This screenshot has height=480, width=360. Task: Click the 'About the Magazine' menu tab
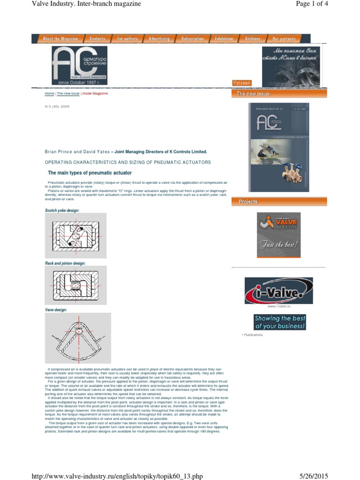click(x=60, y=39)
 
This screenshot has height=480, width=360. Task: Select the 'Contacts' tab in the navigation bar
click(x=97, y=39)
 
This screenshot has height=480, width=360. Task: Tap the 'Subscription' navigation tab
click(x=193, y=39)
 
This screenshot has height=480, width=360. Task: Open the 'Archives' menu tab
click(x=252, y=39)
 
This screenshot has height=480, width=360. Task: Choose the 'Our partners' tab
click(x=284, y=39)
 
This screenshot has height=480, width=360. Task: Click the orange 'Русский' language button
click(x=242, y=83)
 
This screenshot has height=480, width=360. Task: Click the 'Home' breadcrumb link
click(x=49, y=94)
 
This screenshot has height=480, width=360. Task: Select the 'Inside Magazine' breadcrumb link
click(x=95, y=94)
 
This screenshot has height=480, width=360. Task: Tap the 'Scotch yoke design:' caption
click(x=62, y=210)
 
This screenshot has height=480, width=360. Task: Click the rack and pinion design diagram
click(x=75, y=286)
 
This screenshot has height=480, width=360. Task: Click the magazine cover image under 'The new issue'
click(x=278, y=147)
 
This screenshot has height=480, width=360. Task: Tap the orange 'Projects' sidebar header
click(x=279, y=202)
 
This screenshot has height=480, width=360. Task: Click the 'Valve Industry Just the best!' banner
click(x=278, y=234)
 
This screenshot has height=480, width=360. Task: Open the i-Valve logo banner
click(x=278, y=291)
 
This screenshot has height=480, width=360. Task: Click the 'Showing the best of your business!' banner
click(x=280, y=322)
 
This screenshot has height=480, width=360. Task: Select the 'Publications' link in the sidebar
click(x=253, y=335)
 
